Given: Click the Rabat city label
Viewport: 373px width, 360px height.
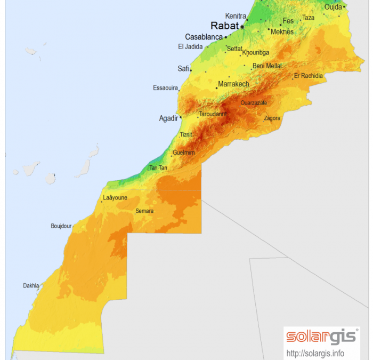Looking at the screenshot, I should (x=224, y=26).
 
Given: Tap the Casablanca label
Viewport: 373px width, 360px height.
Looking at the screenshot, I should (x=204, y=37).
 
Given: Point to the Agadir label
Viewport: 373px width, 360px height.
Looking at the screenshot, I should (x=168, y=118).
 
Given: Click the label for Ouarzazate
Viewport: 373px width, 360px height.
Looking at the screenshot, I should (x=254, y=103).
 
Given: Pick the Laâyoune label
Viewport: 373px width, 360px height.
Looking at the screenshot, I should (x=115, y=197).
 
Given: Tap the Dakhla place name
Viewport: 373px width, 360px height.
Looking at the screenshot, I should (x=31, y=286).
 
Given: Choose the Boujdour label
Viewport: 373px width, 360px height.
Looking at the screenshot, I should (x=61, y=226).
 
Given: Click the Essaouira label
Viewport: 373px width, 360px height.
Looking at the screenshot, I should (x=165, y=87).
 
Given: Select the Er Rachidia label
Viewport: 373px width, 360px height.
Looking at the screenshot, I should (x=309, y=76).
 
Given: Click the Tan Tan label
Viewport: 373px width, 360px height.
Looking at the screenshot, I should (x=158, y=168).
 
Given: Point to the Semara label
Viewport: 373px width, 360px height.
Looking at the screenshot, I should (x=144, y=211).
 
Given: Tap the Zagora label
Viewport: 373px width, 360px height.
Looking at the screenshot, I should (x=272, y=118).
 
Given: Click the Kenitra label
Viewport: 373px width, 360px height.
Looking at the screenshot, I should (x=235, y=16).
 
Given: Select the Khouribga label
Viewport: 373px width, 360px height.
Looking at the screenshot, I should (x=256, y=53).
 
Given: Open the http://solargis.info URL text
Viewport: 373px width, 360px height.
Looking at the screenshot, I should (x=315, y=353).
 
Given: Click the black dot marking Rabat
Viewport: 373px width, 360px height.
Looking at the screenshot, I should (x=242, y=26).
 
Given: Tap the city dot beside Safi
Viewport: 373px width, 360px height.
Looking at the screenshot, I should (x=191, y=70).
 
